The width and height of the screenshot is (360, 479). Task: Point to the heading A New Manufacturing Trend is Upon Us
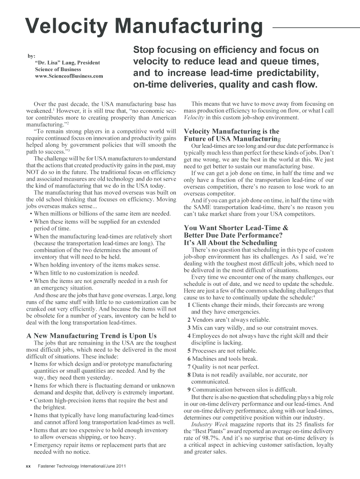[x=91, y=335]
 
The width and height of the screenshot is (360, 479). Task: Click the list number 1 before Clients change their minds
[x=188, y=305]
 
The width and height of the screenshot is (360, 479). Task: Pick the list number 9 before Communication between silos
[x=188, y=389]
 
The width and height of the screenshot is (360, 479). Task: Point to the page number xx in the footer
[x=28, y=466]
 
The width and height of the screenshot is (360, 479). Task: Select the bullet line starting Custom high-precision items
[x=101, y=400]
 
